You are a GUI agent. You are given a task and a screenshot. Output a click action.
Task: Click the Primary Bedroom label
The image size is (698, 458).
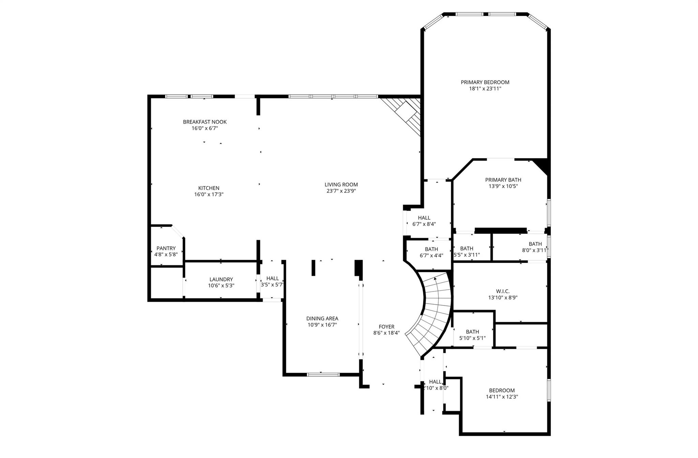[485, 82]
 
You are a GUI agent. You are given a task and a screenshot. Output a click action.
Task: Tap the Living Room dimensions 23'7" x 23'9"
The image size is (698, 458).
[341, 191]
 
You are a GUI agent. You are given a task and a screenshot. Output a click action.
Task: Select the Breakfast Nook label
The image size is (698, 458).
[204, 122]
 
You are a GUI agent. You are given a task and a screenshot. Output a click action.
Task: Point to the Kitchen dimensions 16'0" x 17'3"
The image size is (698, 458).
[209, 195]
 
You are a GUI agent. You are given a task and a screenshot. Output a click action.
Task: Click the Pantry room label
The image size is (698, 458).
[166, 248]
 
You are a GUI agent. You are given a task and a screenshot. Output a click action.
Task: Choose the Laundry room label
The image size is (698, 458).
[221, 279]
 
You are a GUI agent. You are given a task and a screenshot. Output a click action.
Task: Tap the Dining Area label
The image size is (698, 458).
[322, 318]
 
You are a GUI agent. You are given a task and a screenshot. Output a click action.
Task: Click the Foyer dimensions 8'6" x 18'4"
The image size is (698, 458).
[386, 333]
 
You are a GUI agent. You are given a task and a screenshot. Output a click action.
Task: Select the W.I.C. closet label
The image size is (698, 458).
[503, 291]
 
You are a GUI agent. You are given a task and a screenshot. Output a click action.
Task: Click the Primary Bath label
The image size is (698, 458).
[503, 180]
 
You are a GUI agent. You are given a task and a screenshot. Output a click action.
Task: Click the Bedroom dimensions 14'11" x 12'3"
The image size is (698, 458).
[502, 397]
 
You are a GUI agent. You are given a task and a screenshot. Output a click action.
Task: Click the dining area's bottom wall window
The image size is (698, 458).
[323, 374]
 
